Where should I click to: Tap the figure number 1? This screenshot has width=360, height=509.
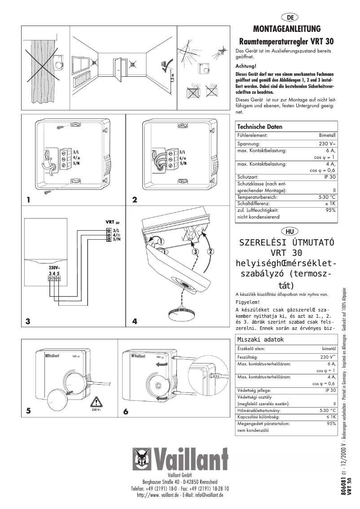point(28,200)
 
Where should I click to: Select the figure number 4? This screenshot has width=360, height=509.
point(135,321)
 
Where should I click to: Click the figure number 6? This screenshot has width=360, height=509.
point(126,411)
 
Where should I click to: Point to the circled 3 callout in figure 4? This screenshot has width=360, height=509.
point(195,252)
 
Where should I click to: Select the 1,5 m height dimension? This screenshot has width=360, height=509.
point(172,77)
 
